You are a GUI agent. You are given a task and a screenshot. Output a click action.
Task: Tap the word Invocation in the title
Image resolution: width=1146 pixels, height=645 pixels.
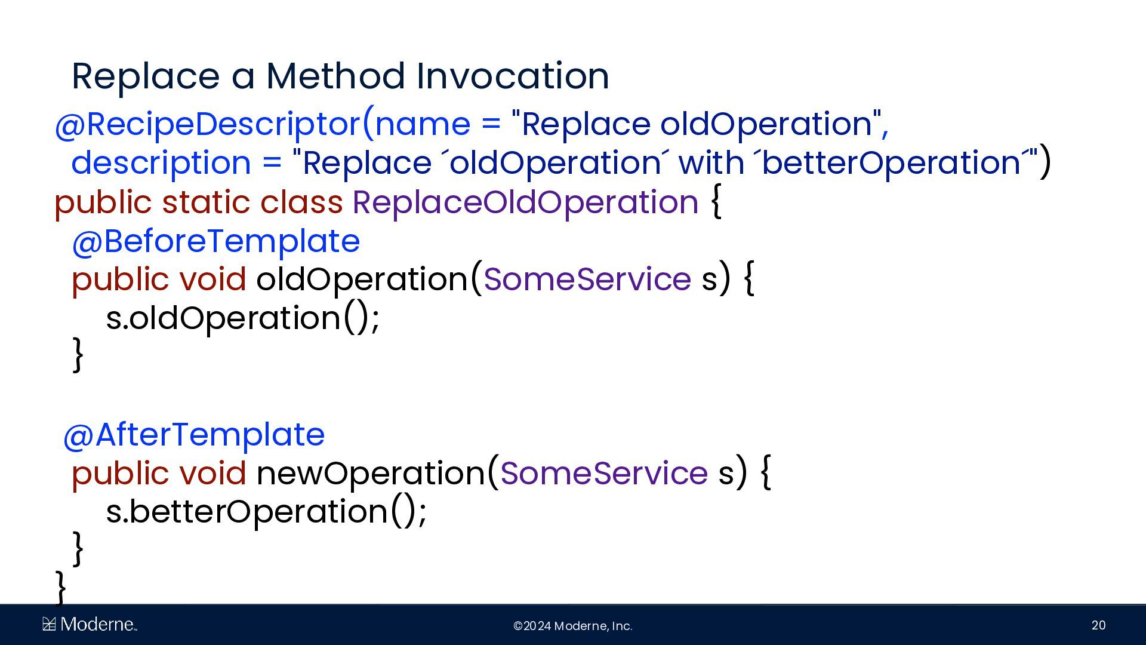pos(513,76)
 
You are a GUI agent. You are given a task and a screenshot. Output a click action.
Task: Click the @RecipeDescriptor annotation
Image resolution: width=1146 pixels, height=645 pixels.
pos(208,124)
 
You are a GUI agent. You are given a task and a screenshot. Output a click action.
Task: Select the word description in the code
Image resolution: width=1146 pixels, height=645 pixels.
pos(161,163)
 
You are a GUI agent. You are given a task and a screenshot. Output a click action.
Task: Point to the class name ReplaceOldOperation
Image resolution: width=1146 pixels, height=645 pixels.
pos(525,202)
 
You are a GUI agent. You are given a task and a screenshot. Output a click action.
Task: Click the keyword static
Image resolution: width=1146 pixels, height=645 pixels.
pos(205,202)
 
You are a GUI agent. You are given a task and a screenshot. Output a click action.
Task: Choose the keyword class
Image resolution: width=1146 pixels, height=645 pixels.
pos(301,202)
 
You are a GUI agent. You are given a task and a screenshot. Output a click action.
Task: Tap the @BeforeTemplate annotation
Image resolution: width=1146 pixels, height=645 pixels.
pos(216,241)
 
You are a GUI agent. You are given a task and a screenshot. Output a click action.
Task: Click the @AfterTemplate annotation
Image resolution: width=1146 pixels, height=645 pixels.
pos(194,435)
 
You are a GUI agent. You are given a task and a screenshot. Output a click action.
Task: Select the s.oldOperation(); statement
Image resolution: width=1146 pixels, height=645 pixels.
pos(242,318)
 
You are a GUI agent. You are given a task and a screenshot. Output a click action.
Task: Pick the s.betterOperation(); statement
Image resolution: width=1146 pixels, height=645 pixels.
pos(266,512)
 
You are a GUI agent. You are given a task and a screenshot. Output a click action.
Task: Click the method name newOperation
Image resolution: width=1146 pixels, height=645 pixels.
pos(371,473)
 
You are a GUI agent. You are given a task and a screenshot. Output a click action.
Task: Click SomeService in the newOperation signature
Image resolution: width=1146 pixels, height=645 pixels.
pos(604,473)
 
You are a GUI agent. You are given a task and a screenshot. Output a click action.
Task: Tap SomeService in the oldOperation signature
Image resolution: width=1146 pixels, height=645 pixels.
pos(587,279)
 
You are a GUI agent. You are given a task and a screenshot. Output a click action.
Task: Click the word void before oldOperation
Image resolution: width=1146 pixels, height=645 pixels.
pos(212,279)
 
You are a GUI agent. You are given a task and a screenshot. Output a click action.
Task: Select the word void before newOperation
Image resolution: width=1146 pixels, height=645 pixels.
pos(212,473)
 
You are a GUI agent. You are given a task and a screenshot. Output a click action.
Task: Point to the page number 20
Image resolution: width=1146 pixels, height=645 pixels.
pos(1098,625)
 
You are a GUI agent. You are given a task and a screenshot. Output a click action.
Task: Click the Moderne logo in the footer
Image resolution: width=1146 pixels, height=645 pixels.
pos(90,625)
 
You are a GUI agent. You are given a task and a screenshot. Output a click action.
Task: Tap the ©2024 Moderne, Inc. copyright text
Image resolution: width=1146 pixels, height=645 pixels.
pos(573,626)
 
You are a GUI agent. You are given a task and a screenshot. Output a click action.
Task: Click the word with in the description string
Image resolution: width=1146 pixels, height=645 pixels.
pos(710,162)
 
